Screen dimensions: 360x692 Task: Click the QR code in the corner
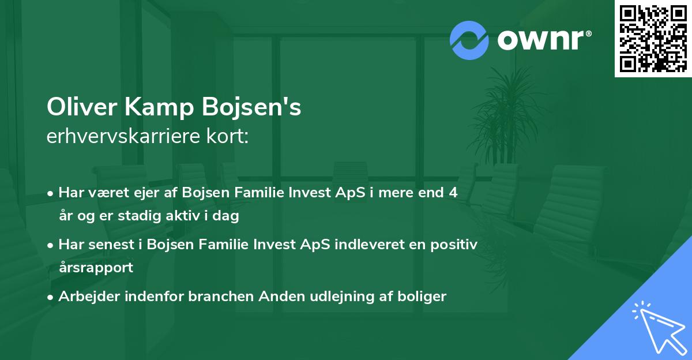pyautogui.click(x=653, y=38)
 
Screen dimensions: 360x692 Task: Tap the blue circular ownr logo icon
pyautogui.click(x=469, y=40)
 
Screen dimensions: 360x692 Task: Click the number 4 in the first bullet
pyautogui.click(x=453, y=193)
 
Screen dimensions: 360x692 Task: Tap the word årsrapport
pyautogui.click(x=95, y=267)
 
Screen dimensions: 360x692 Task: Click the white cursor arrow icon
pyautogui.click(x=656, y=327)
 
